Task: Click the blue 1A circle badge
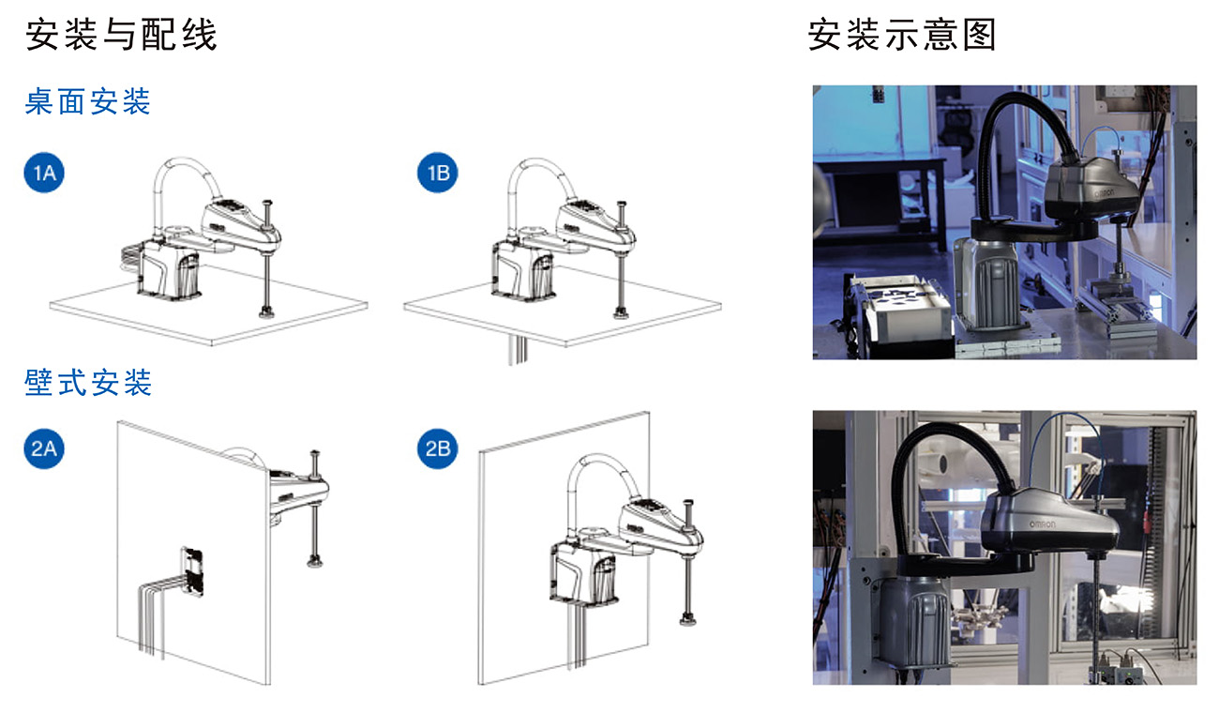[x=44, y=173]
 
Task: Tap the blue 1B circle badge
[x=438, y=173]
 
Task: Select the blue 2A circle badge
[x=44, y=448]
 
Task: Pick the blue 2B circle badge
[x=438, y=448]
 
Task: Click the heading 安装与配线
[x=121, y=35]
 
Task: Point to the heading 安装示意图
[x=902, y=35]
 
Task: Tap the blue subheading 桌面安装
[x=87, y=101]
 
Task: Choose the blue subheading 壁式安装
[x=87, y=382]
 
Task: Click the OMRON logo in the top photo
[x=1105, y=193]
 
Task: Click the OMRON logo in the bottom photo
[x=1042, y=524]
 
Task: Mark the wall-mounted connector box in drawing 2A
[x=192, y=571]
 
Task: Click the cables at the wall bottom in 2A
[x=152, y=620]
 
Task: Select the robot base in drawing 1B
[x=523, y=270]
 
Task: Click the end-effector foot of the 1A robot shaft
[x=266, y=312]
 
